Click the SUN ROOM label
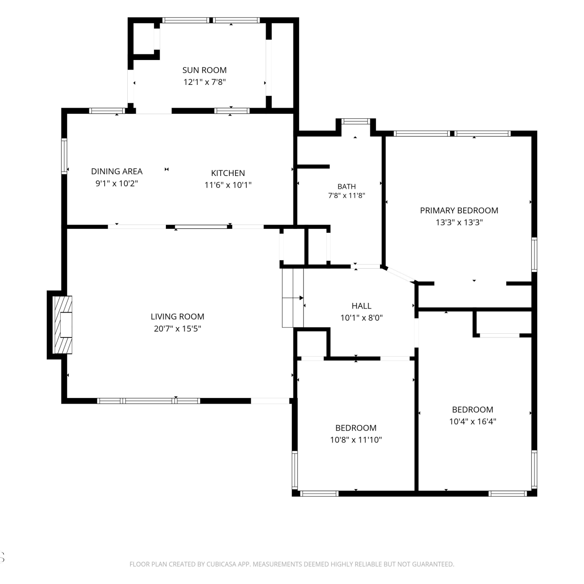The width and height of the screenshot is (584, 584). pos(204,70)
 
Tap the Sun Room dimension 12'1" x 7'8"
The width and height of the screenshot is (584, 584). pos(205,82)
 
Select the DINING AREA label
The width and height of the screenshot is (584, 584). pos(117,171)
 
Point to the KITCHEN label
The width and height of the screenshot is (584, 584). pos(228,173)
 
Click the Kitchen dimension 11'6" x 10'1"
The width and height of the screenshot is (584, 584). pos(228,185)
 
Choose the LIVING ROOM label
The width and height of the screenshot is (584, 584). pos(178,317)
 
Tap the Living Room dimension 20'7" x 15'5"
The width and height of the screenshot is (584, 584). pos(178,329)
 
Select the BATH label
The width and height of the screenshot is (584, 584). pos(347,186)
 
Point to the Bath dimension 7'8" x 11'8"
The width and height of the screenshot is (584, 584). pos(347,195)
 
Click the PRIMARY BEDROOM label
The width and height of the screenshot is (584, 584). pos(459,211)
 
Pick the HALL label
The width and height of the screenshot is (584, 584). pos(361,306)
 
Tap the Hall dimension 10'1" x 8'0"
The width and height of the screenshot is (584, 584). pos(362,318)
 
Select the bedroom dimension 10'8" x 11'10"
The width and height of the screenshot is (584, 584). pos(356,440)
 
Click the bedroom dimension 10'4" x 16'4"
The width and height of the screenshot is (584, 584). pos(473,421)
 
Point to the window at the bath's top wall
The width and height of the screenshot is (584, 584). pos(355,121)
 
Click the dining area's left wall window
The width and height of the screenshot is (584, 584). pos(64,156)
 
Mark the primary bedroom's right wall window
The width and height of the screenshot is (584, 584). pos(534,255)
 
